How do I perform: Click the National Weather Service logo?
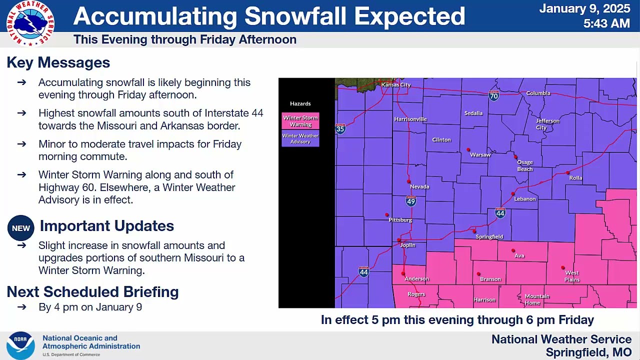tap(30, 23)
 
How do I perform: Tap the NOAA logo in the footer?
tap(20, 345)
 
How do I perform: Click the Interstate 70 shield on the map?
tap(493, 95)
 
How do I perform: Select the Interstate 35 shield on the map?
tap(340, 129)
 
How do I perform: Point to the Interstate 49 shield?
tap(411, 201)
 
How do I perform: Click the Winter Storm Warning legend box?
tap(300, 121)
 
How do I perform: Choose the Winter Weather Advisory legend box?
tap(300, 138)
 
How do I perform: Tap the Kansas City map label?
tap(396, 85)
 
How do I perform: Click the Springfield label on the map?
tap(489, 236)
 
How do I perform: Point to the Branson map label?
tap(490, 279)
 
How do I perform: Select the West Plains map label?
tap(571, 276)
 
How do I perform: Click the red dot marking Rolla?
tap(567, 172)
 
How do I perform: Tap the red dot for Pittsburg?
tap(386, 214)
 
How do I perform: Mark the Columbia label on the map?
tap(538, 93)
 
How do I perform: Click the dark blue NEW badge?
tap(21, 228)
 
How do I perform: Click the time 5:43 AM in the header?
tap(606, 23)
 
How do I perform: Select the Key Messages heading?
tap(58, 62)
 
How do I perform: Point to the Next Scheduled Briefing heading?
tap(92, 291)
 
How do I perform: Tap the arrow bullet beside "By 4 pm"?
tap(21, 307)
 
